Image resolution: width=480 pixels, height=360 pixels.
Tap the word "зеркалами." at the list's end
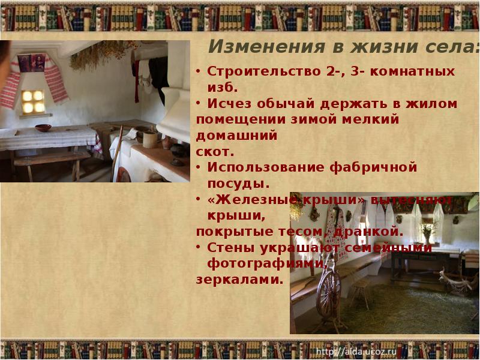(239, 279)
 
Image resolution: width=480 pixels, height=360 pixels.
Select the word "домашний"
(236, 136)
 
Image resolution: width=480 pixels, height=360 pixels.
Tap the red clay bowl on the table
(43, 128)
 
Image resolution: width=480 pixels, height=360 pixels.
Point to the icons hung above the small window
(31, 63)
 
